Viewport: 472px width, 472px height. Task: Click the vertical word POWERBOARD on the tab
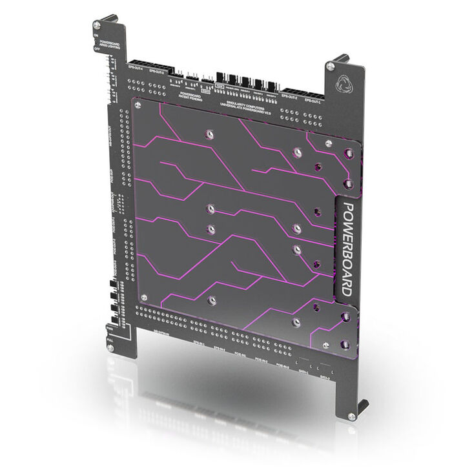click(346, 249)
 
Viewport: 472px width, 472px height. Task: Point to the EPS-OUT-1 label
click(313, 101)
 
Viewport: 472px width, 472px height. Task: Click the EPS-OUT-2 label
click(290, 97)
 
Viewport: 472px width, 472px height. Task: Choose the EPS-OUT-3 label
click(156, 70)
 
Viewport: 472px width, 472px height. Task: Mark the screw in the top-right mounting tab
click(331, 65)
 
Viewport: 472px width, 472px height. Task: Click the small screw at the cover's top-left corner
click(137, 103)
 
